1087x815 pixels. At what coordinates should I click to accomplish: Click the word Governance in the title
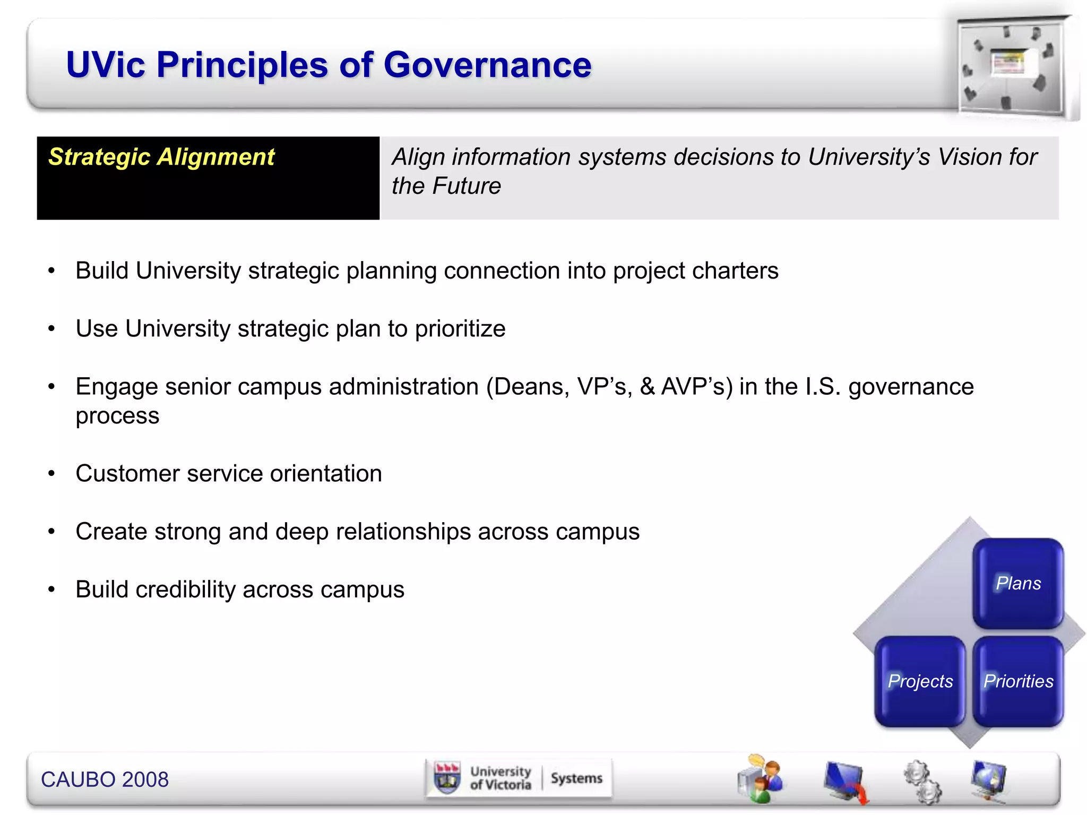click(487, 65)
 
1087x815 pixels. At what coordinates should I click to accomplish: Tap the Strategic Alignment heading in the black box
click(161, 157)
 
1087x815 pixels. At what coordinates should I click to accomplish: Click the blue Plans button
click(1017, 583)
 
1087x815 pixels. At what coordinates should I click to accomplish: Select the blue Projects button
click(920, 681)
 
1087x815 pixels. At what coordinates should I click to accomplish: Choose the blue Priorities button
click(1018, 681)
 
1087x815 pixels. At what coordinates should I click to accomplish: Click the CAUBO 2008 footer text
click(105, 779)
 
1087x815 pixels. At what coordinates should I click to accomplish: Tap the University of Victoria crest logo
click(447, 778)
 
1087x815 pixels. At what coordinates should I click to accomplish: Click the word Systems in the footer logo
click(576, 778)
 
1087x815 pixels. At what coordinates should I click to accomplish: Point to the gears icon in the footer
click(922, 782)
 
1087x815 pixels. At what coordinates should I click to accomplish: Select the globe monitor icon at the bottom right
click(988, 779)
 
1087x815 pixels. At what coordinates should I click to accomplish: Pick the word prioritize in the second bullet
click(460, 330)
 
